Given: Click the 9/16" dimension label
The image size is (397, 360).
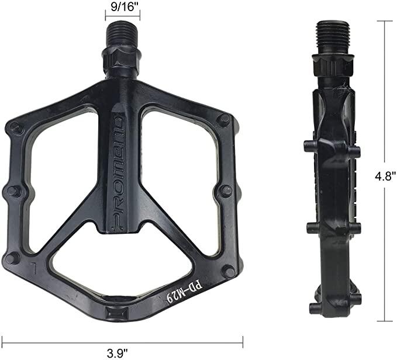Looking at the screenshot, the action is [x=122, y=7].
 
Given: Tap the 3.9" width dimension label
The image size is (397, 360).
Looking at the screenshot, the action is [x=117, y=353].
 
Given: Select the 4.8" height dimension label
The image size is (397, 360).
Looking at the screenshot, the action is [x=385, y=175].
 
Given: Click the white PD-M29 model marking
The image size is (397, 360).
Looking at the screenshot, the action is [x=184, y=291].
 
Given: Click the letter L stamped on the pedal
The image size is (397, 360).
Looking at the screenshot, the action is [x=33, y=268].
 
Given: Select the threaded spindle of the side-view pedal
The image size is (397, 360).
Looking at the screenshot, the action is [x=333, y=38].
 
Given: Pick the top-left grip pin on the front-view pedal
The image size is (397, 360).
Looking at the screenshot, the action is [x=15, y=127].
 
